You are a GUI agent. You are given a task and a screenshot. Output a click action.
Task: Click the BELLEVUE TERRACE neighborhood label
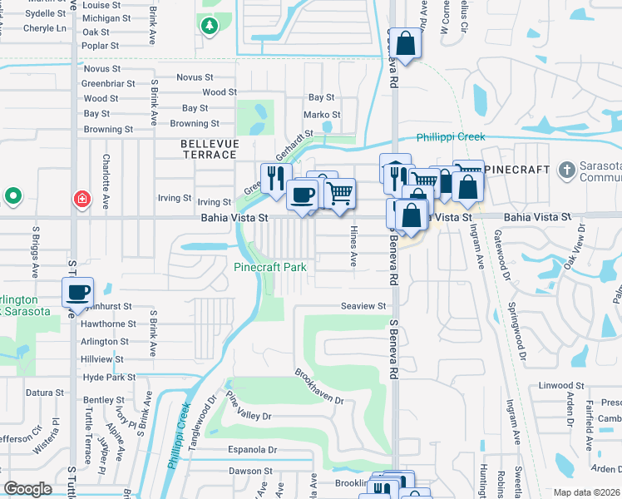[210, 150]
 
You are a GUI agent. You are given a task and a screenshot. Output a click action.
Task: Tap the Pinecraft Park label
[270, 267]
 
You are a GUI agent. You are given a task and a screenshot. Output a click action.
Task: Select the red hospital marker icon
[81, 199]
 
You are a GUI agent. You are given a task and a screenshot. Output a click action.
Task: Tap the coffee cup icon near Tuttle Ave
[78, 293]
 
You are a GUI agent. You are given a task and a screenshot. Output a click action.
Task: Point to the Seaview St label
[363, 306]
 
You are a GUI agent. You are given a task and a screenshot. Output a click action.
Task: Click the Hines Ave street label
[353, 246]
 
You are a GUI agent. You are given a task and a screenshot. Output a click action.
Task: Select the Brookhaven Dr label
[319, 385]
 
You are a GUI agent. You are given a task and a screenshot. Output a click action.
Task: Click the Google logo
[27, 489]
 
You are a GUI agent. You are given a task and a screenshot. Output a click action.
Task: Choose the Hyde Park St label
[109, 378]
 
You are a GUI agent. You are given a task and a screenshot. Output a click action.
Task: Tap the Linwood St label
[561, 386]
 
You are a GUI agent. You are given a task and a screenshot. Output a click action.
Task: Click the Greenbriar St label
[107, 83]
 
